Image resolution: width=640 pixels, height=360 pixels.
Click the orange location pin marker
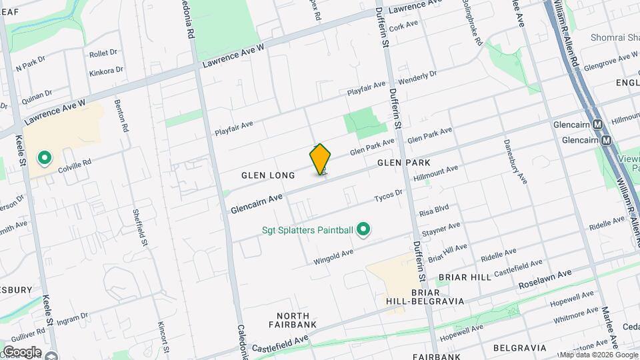pyautogui.click(x=321, y=159)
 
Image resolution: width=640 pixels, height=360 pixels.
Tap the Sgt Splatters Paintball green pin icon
pyautogui.click(x=363, y=230)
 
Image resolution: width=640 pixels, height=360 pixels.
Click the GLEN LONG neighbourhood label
pyautogui.click(x=268, y=175)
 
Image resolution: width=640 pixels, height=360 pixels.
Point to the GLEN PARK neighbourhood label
pyautogui.click(x=403, y=163)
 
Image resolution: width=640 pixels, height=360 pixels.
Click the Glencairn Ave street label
pyautogui.click(x=257, y=204)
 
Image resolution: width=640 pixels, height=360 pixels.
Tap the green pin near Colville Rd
pyautogui.click(x=45, y=158)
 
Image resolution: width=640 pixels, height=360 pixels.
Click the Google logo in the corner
pyautogui.click(x=22, y=352)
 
